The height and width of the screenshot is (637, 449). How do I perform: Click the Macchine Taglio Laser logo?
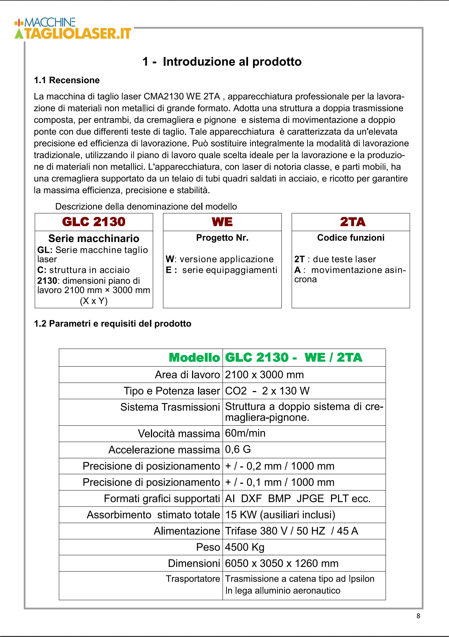pyautogui.click(x=73, y=28)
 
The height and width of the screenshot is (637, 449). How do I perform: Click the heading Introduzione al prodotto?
pyautogui.click(x=222, y=62)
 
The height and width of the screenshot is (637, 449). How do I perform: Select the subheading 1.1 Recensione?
pyautogui.click(x=67, y=80)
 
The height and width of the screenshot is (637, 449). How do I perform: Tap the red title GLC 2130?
pyautogui.click(x=94, y=222)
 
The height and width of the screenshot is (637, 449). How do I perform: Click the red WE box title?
pyautogui.click(x=222, y=222)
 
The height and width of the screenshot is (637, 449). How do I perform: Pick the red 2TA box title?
pyautogui.click(x=352, y=222)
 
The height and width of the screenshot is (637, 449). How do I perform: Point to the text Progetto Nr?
pyautogui.click(x=222, y=238)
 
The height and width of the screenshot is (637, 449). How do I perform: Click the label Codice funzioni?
pyautogui.click(x=350, y=238)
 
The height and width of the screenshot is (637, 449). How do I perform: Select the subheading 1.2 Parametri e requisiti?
pyautogui.click(x=112, y=324)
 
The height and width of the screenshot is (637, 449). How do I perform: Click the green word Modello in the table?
pyautogui.click(x=194, y=358)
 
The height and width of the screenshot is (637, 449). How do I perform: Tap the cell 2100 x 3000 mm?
pyautogui.click(x=264, y=375)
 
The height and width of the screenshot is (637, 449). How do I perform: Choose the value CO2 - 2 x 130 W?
pyautogui.click(x=267, y=391)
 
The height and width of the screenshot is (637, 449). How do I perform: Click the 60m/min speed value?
pyautogui.click(x=245, y=433)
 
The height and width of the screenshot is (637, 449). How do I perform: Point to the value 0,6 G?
pyautogui.click(x=238, y=449)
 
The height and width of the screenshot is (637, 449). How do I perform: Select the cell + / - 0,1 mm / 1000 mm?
pyautogui.click(x=280, y=482)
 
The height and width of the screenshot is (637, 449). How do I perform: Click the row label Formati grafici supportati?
pyautogui.click(x=162, y=499)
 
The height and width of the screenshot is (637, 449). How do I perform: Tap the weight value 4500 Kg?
pyautogui.click(x=245, y=547)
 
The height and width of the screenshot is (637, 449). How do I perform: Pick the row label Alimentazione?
pyautogui.click(x=187, y=531)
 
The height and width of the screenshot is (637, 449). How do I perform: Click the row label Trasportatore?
pyautogui.click(x=193, y=579)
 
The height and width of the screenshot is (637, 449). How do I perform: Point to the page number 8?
pyautogui.click(x=418, y=616)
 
